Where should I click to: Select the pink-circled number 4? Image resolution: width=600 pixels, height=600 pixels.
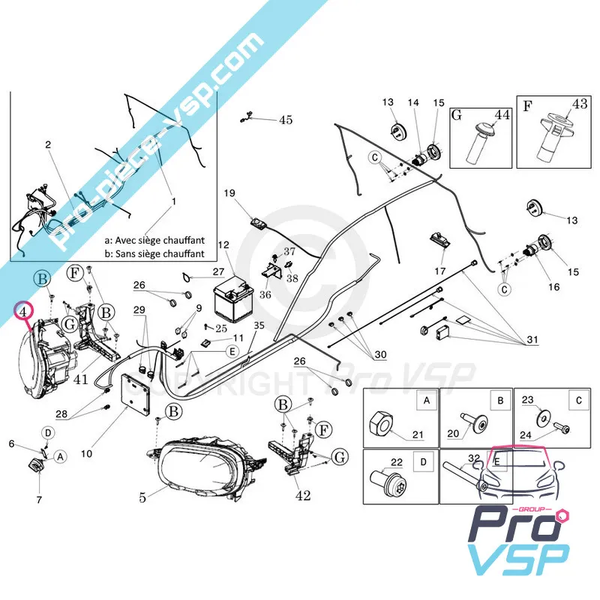click(25, 309)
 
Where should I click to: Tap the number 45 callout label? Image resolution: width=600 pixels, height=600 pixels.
click(286, 120)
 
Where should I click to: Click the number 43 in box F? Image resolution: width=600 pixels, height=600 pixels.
click(580, 103)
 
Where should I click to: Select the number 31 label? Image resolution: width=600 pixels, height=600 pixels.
click(532, 340)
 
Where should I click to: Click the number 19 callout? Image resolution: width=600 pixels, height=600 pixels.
click(229, 193)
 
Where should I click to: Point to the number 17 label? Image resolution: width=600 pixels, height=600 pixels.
click(439, 271)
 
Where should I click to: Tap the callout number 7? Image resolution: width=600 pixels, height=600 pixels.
click(39, 499)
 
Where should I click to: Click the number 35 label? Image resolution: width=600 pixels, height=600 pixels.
click(259, 325)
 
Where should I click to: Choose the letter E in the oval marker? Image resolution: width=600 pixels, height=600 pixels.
click(232, 350)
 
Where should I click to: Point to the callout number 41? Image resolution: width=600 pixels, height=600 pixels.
click(81, 379)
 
